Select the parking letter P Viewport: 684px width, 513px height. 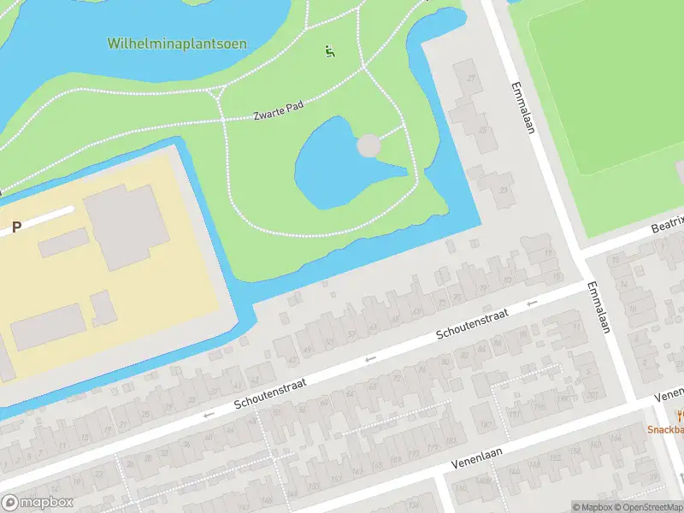[x=15, y=227]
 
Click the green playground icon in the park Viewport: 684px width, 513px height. [x=330, y=51]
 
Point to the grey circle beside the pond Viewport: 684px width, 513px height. [x=369, y=145]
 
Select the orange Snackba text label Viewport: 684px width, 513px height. [x=664, y=430]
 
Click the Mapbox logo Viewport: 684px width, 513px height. [x=37, y=503]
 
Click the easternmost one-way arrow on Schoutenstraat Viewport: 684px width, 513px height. [x=532, y=303]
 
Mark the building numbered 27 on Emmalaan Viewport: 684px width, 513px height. [x=470, y=79]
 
